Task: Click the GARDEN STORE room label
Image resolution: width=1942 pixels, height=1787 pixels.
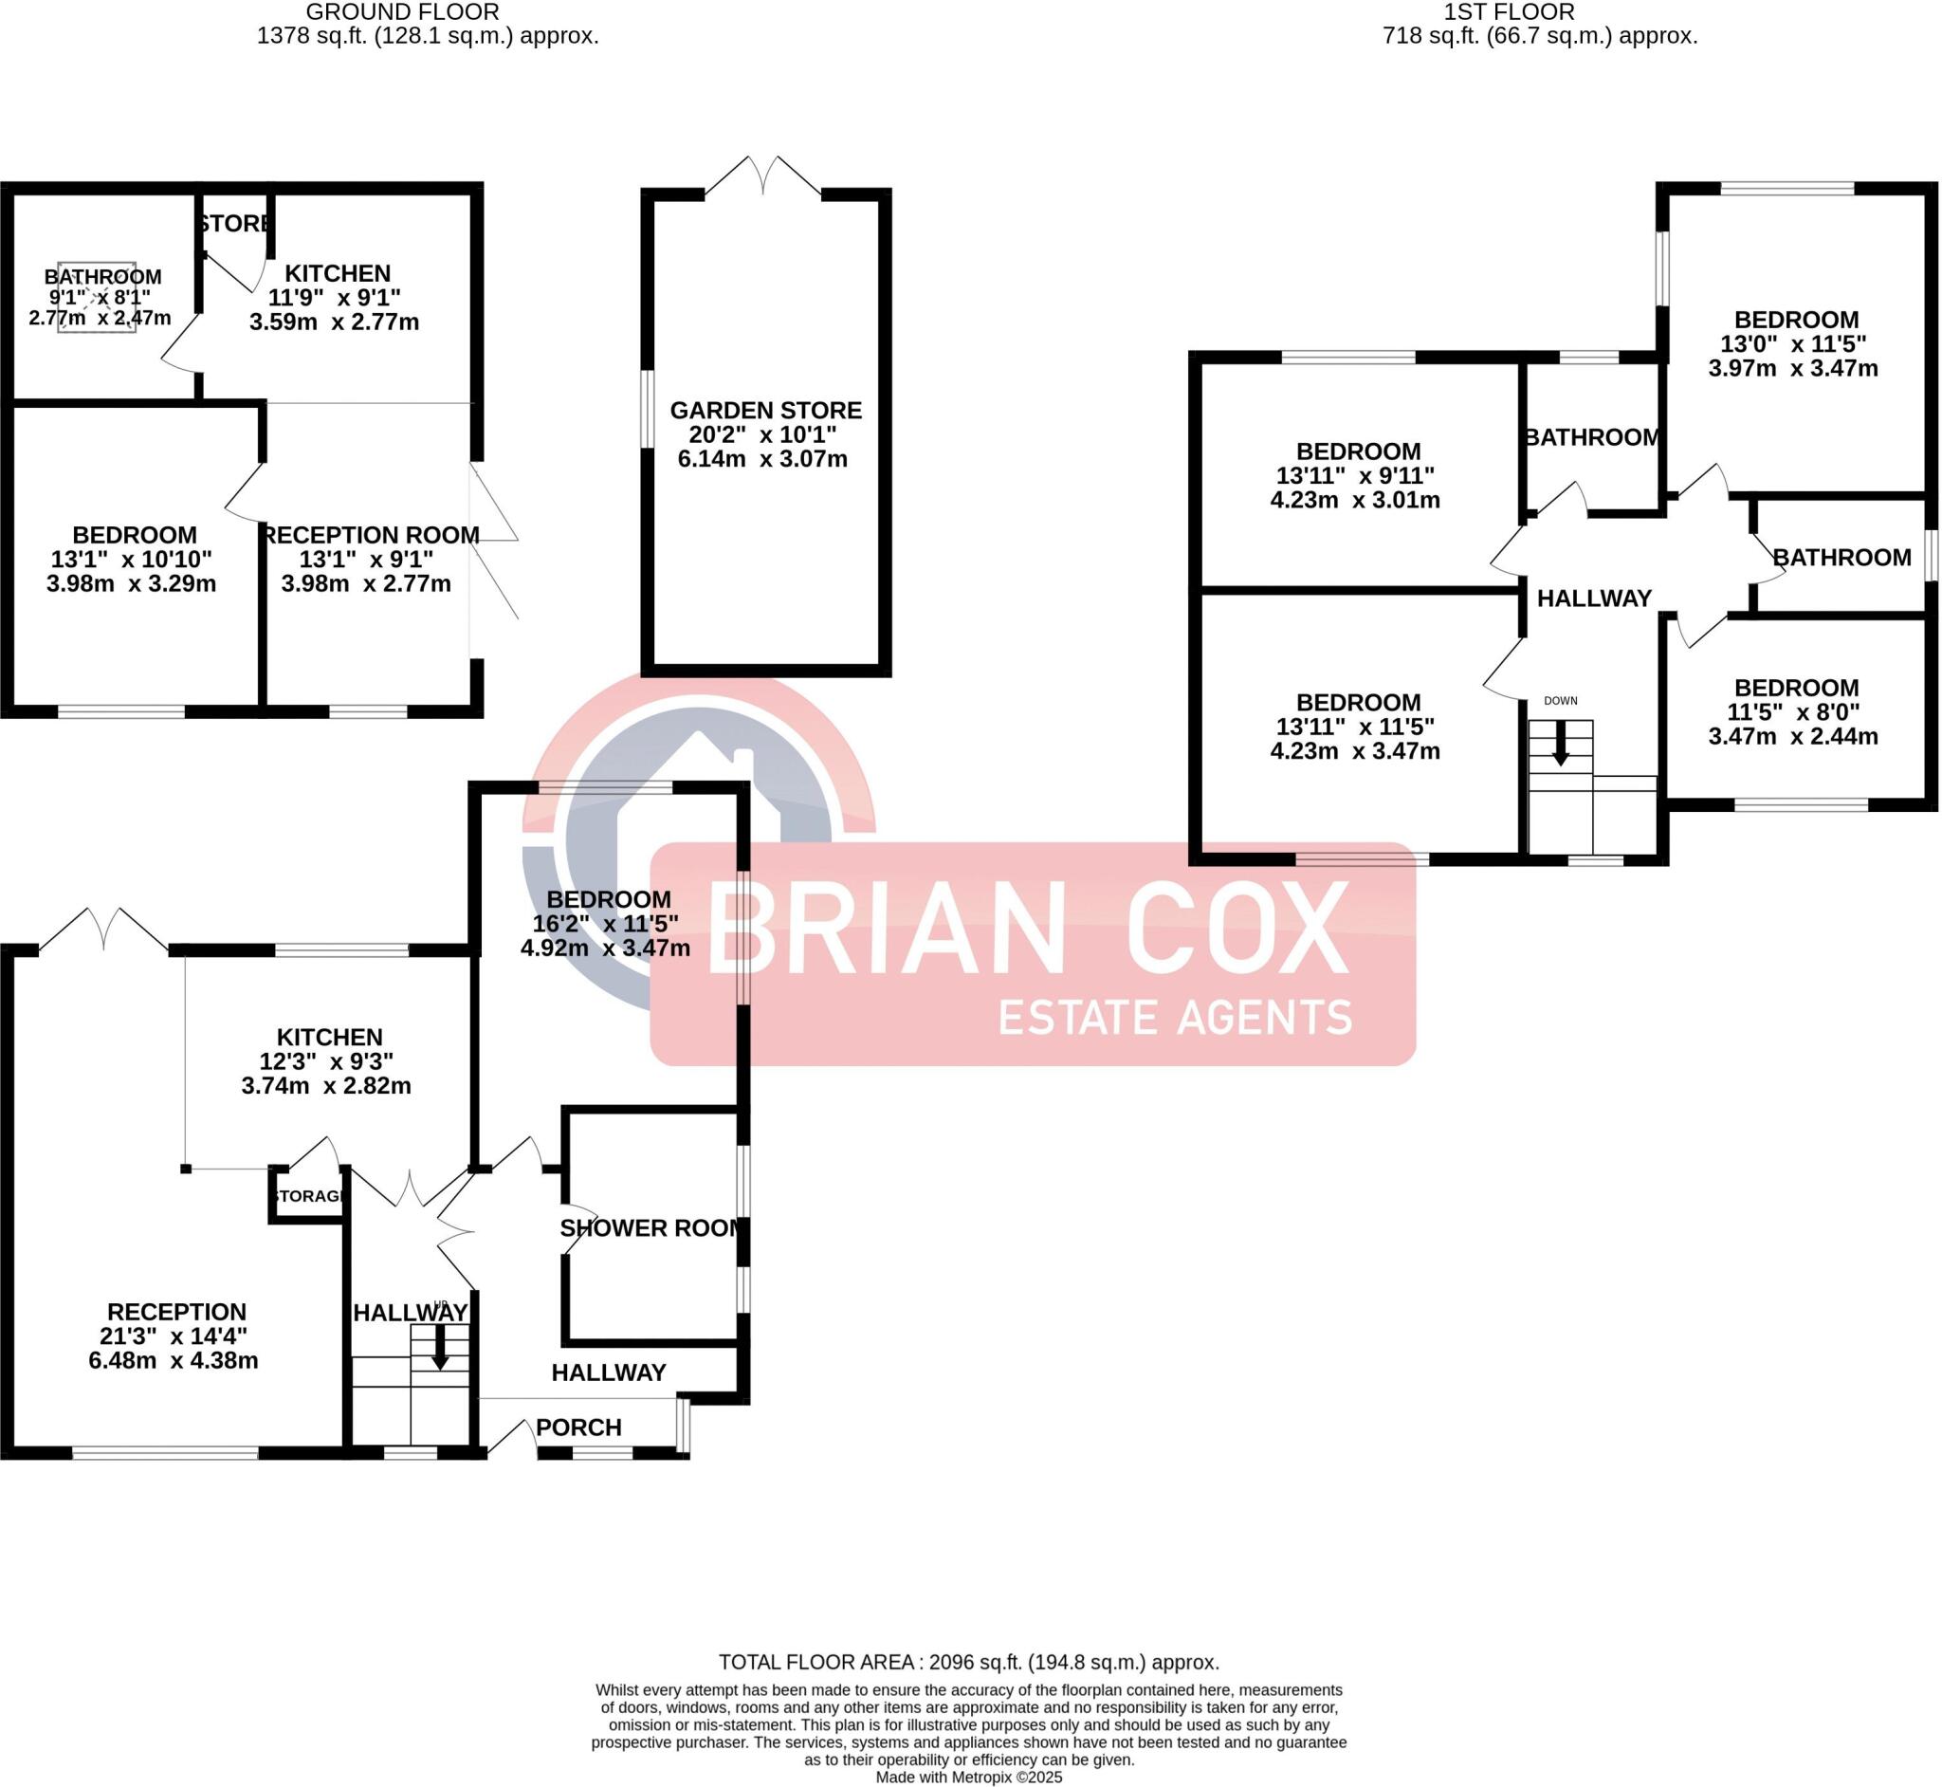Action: coord(765,410)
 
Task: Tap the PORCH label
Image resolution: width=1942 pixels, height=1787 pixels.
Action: coord(578,1428)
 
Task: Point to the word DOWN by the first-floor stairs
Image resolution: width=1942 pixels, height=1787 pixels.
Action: coord(1560,700)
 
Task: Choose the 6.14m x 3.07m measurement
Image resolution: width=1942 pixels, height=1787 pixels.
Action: coord(761,459)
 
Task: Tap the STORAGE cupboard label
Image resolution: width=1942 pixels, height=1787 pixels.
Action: coord(308,1196)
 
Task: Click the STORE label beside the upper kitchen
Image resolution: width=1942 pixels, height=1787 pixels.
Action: coord(235,224)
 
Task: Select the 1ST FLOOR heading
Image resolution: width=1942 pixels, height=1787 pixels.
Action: coord(1509,12)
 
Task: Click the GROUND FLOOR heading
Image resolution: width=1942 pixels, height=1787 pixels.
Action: coord(402,12)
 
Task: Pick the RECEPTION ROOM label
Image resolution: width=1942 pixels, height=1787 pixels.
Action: coord(371,535)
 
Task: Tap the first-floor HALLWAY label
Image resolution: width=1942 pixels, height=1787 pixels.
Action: coord(1594,599)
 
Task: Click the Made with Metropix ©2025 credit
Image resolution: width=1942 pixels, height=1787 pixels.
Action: coord(968,1778)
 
